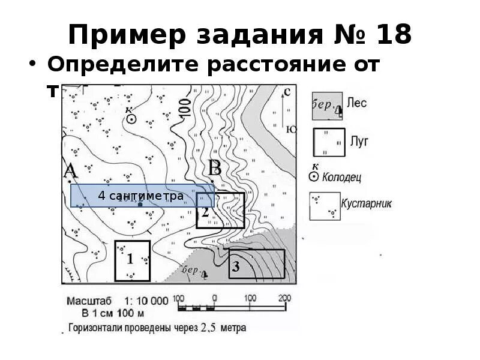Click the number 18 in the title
click(x=394, y=35)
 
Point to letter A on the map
click(x=71, y=171)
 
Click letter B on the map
click(x=214, y=168)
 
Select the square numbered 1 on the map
click(x=132, y=260)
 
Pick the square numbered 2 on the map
click(x=220, y=211)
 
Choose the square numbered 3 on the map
click(x=257, y=265)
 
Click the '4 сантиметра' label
click(x=142, y=196)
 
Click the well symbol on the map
click(x=131, y=119)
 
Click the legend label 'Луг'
click(x=359, y=141)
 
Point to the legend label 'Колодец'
click(x=342, y=178)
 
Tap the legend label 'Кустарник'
click(x=366, y=203)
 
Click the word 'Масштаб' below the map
click(x=88, y=301)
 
